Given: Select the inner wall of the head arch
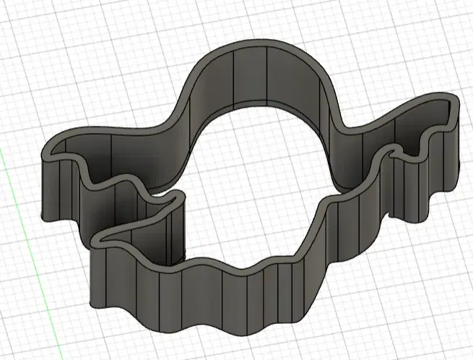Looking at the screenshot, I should click(x=253, y=80).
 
